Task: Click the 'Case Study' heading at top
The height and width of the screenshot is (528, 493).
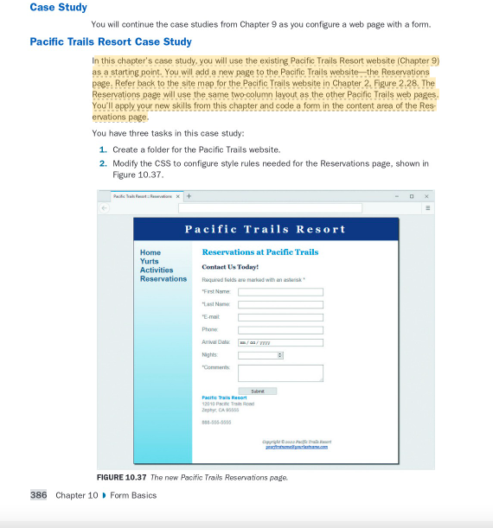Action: (x=58, y=8)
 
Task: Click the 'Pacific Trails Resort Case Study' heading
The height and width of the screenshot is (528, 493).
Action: (x=111, y=41)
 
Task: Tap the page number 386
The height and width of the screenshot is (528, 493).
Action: (x=39, y=495)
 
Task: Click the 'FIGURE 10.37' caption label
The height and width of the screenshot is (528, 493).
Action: (x=121, y=477)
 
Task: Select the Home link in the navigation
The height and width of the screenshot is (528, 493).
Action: (x=150, y=252)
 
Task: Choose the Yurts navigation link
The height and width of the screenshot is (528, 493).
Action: (x=150, y=261)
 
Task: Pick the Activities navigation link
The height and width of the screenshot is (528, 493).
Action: (x=157, y=270)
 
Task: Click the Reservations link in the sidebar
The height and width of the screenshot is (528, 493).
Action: (x=163, y=278)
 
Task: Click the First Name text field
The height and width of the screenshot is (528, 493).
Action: (x=280, y=292)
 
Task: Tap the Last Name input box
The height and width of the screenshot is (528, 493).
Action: (x=280, y=304)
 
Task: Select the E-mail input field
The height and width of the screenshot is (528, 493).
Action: (x=280, y=317)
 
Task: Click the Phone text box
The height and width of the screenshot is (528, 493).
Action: (x=280, y=329)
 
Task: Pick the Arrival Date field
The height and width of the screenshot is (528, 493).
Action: (x=280, y=342)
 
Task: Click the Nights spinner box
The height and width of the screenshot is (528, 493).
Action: (x=260, y=355)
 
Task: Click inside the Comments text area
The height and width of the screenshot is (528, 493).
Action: (x=280, y=372)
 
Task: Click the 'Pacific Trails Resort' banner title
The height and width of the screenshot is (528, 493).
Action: (x=266, y=229)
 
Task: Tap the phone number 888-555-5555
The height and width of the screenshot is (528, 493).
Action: (x=216, y=423)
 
